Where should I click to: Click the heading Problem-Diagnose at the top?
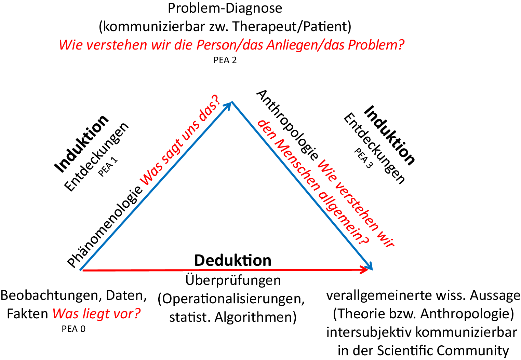tap(225, 8)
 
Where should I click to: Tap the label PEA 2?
tap(225, 60)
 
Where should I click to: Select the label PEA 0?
tap(74, 329)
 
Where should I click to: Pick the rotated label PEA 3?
tap(363, 158)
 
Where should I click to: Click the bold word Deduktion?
tap(232, 260)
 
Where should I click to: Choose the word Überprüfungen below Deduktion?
tap(233, 280)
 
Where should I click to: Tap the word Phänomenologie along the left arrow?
tap(105, 227)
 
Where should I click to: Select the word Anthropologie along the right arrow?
tap(287, 125)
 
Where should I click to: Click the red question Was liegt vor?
tap(96, 314)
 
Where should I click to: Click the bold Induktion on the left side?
tap(81, 144)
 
